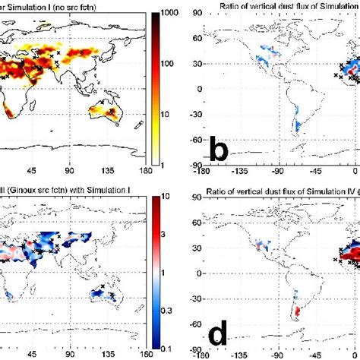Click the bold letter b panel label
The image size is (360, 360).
219,152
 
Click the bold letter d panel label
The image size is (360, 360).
219,332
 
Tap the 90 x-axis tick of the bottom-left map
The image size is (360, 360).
69,354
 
